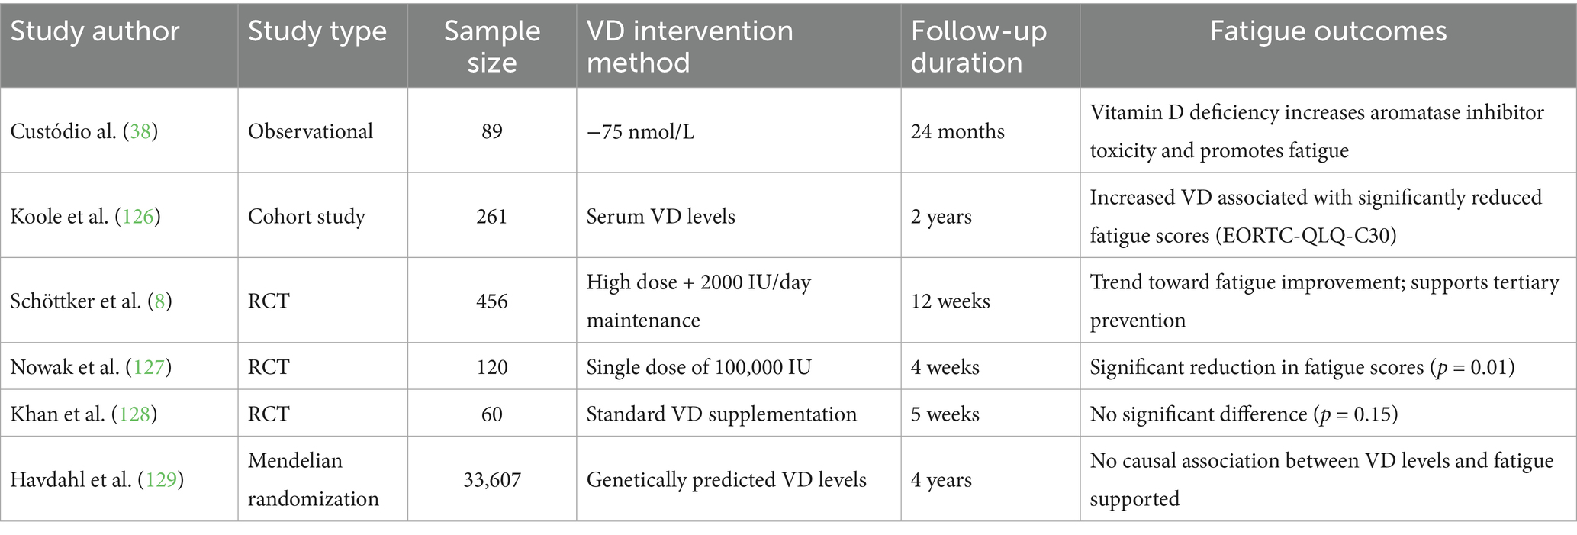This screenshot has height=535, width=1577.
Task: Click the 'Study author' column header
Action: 95,31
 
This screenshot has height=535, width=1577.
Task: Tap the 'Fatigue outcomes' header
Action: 1328,31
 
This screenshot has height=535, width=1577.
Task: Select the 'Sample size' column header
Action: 492,47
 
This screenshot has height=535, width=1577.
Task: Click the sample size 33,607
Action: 492,480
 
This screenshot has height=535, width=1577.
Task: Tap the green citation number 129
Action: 160,480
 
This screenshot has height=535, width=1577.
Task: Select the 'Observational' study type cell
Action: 311,131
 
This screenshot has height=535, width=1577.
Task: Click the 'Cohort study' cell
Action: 307,217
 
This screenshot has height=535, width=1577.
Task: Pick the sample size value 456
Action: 492,301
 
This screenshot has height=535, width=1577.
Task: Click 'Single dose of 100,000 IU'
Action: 699,367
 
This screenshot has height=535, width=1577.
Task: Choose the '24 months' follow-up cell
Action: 957,131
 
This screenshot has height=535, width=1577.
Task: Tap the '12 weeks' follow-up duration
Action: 951,301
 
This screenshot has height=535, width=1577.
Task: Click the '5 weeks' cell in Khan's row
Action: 945,414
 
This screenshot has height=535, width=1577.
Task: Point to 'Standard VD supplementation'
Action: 722,414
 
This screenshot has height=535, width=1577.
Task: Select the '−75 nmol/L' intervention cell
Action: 640,131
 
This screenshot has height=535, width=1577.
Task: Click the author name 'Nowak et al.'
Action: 65,367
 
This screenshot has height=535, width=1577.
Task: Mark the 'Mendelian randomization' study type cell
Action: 314,480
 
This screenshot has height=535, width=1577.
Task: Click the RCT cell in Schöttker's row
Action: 269,301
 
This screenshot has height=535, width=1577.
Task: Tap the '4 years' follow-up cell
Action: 941,480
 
